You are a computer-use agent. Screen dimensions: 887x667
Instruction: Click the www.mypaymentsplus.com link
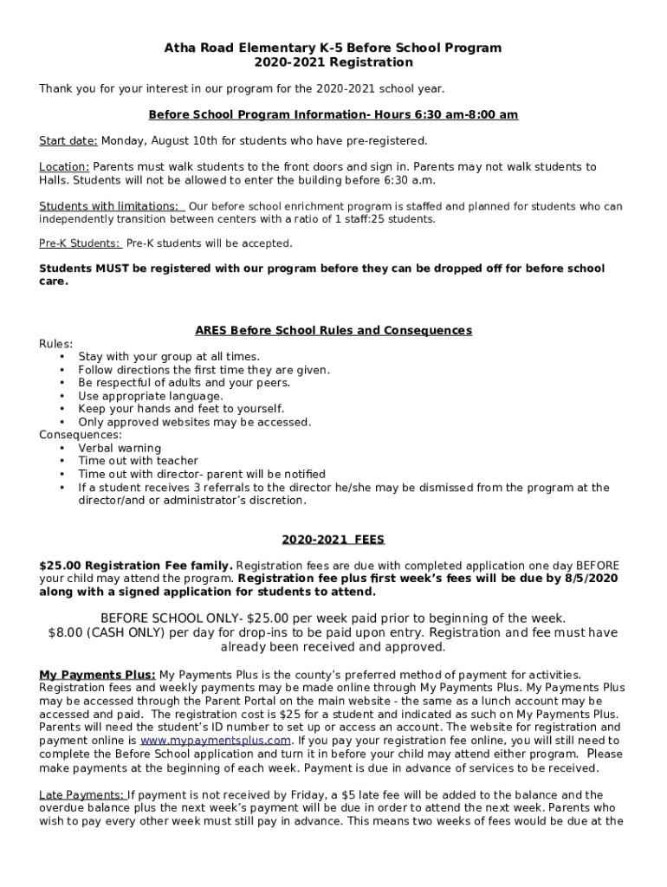click(215, 741)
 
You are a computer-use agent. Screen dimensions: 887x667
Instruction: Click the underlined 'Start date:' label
click(69, 140)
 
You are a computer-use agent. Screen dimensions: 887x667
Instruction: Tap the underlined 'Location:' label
click(64, 167)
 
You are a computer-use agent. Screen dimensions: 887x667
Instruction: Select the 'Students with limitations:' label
click(111, 207)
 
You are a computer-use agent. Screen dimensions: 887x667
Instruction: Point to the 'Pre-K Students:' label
click(80, 243)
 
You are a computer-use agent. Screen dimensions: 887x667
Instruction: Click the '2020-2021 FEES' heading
click(333, 539)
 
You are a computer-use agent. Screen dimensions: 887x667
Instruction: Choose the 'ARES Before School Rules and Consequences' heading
click(333, 331)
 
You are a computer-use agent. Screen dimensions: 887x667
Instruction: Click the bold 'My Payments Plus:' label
click(97, 675)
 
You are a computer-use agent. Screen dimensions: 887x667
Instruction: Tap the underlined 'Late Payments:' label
click(82, 795)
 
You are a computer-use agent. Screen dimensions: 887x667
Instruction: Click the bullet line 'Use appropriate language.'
click(151, 396)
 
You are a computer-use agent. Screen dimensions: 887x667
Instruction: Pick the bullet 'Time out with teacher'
click(138, 462)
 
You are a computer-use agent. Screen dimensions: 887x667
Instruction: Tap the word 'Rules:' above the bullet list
click(56, 344)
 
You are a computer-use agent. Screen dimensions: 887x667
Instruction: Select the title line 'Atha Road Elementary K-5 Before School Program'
click(333, 49)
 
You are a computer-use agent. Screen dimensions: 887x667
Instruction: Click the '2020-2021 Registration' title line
click(333, 62)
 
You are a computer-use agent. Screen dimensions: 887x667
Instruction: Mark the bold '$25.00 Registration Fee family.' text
click(135, 566)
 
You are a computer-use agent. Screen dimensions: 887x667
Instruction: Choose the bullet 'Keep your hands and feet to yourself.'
click(181, 409)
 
